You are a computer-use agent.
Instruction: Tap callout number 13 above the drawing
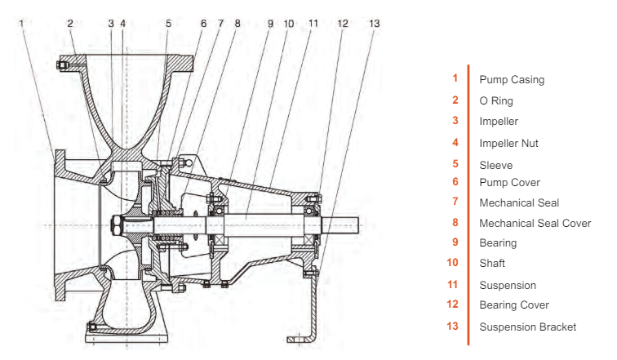[374, 24]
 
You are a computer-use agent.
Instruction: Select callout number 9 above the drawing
[271, 24]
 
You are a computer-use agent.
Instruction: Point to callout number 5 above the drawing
[168, 24]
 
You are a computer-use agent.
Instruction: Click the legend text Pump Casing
[511, 80]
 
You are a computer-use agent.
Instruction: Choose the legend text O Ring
[496, 100]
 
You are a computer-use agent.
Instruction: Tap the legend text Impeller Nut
[508, 143]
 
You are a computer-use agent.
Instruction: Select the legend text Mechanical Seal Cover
[535, 222]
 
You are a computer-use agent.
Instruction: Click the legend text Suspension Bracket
[527, 327]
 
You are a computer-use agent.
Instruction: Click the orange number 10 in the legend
[454, 263]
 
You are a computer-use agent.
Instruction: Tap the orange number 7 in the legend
[455, 201]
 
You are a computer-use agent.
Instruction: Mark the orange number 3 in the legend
[455, 120]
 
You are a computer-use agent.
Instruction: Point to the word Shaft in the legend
[492, 263]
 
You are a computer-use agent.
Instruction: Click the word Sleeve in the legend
[495, 165]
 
